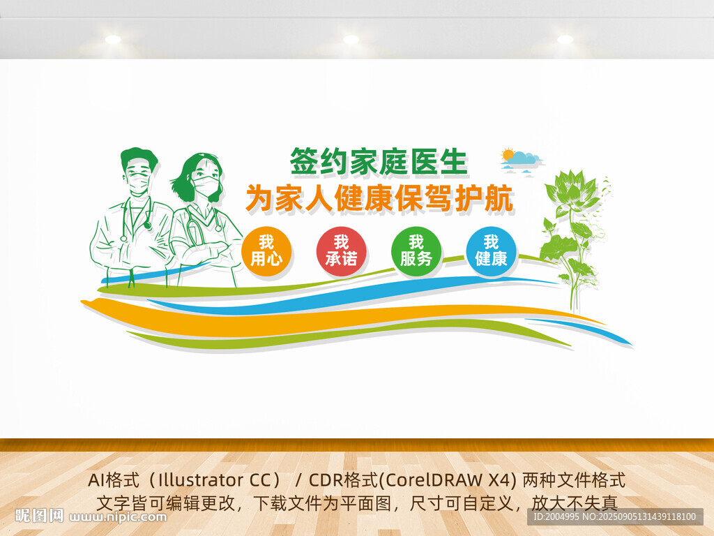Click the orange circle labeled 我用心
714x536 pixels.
266,251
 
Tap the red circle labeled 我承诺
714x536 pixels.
341,251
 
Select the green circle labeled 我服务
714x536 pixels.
416,251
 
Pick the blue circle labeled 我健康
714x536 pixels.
491,251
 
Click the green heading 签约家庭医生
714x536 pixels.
379,161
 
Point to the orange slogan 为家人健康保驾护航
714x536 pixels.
380,198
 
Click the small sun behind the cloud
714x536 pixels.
508,154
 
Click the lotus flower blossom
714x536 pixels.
570,187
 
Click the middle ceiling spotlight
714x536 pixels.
351,39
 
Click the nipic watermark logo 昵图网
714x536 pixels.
39,516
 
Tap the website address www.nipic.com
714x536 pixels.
117,517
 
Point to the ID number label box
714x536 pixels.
615,516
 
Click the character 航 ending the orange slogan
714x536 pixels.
499,198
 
